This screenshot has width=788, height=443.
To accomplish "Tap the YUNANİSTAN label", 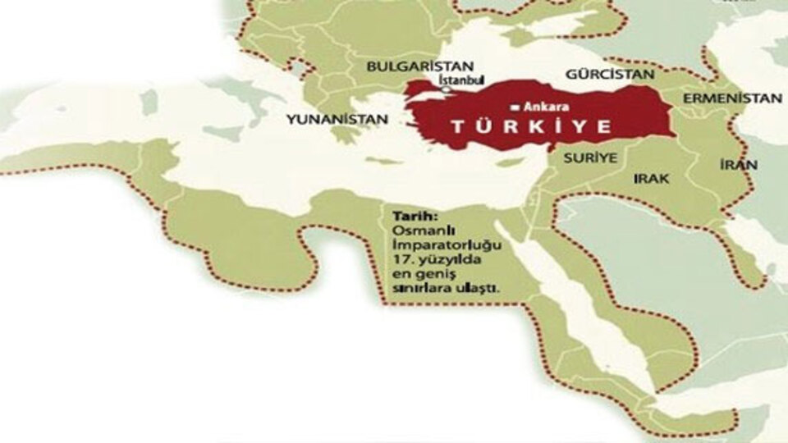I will coord(337,119).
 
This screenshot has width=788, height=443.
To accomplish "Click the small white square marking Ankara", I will coord(513,107).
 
